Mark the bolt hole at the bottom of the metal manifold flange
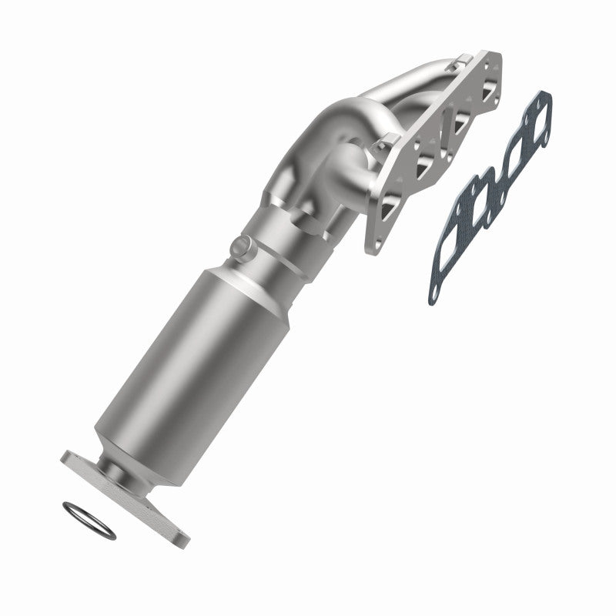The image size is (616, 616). pyautogui.click(x=374, y=245)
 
